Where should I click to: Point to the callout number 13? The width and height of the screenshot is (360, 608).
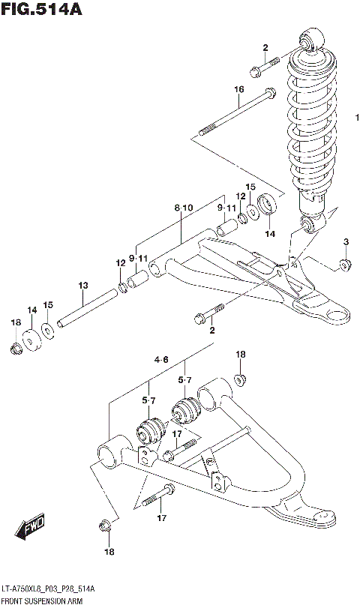[82, 285]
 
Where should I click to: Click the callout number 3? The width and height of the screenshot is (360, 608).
[346, 241]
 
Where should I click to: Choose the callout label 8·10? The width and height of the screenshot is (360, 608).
[183, 207]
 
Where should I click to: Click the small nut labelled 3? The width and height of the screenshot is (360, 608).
[346, 264]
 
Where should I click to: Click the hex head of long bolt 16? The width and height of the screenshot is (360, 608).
[268, 96]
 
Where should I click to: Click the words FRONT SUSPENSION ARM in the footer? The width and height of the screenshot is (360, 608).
[41, 601]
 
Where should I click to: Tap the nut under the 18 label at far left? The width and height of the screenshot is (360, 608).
[16, 348]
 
